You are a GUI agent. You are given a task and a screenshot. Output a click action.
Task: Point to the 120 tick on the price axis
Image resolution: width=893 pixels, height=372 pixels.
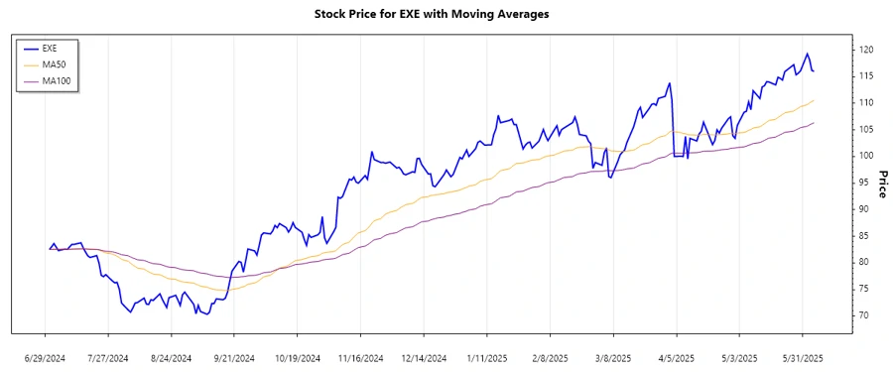[x=865, y=50]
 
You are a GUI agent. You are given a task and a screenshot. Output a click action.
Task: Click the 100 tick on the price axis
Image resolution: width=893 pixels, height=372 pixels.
[x=865, y=156]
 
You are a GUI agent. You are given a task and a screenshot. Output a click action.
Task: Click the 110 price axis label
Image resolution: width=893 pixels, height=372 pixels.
[x=865, y=103]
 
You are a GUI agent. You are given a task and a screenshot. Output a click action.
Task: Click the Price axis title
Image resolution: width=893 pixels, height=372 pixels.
[x=882, y=184]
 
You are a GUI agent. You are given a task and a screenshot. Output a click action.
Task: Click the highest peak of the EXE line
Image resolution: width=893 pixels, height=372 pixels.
[x=807, y=54]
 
